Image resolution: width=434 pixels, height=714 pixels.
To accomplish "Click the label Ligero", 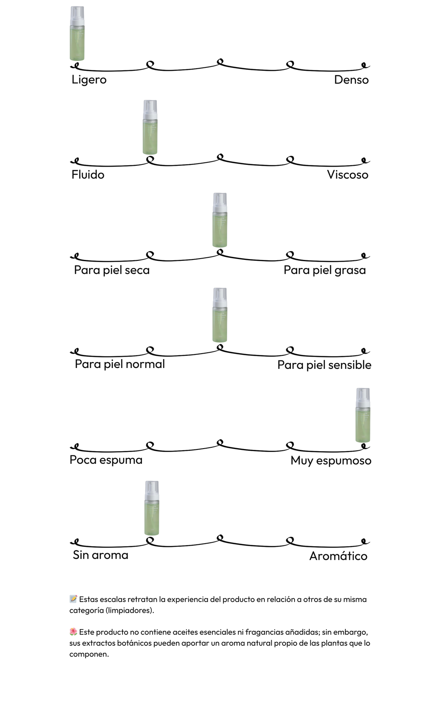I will pos(89,80).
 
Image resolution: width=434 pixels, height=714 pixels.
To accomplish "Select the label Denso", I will pos(351,80).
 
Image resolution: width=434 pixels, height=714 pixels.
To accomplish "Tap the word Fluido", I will pos(88,175).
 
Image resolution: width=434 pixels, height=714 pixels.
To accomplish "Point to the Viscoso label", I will pos(348,175).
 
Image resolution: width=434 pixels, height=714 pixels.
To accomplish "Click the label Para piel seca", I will pos(112,270).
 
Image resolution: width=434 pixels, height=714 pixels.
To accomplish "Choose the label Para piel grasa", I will pos(325,270).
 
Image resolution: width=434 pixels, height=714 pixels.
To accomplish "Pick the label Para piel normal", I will pos(120,364).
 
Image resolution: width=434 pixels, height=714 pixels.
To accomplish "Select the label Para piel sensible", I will pos(324,365).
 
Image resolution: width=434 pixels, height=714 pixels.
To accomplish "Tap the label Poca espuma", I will pos(106,460).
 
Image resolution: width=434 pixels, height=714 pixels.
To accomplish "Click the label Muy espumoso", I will pos(331,461).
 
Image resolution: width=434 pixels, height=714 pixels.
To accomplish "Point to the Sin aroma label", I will pos(100,555).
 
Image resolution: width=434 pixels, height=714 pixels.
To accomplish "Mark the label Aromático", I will pos(338,556).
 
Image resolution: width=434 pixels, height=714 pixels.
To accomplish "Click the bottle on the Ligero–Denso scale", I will pos(77,34).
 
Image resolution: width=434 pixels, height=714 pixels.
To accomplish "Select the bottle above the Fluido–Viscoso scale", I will pos(150,127).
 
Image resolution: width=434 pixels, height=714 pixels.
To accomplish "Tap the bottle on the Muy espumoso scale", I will pos(363,415).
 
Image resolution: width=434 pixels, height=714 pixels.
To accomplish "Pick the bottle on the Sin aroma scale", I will pos(152,508).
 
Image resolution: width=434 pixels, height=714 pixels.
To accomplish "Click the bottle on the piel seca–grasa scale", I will pos(220,220).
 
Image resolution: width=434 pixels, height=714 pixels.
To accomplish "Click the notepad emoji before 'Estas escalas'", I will pos(73,599).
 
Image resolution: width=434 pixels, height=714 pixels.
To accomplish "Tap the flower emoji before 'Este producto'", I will pos(73,632).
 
